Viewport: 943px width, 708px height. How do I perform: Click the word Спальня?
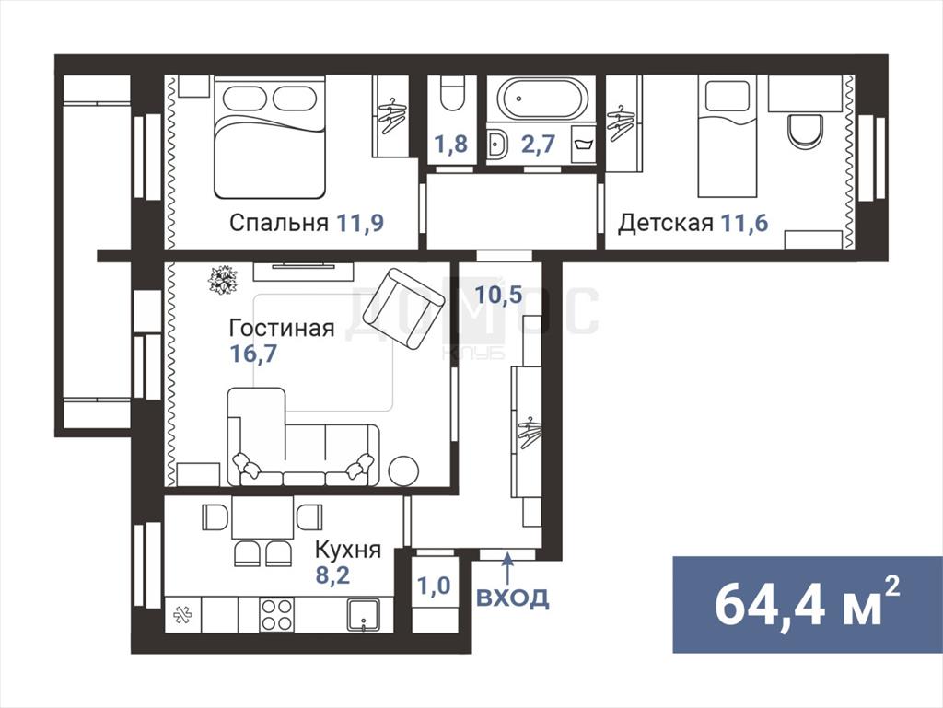coord(279,223)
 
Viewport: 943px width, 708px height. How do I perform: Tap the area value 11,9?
coord(360,223)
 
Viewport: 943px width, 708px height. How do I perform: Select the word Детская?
coord(666,223)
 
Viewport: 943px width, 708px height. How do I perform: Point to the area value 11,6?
coord(744,223)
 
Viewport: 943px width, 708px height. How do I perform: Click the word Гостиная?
coord(282,328)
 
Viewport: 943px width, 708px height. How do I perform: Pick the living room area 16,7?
coord(254,354)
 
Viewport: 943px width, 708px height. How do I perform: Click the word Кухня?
coord(348,550)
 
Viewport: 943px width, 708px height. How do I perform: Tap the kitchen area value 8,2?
coord(333,575)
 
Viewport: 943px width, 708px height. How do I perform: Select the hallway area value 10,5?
coord(498,295)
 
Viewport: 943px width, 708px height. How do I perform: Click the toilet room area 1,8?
coord(451,145)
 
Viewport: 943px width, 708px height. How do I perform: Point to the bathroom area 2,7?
coord(538,145)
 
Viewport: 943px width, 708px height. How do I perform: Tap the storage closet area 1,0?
coord(435,585)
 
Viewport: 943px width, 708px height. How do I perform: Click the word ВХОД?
coord(513,598)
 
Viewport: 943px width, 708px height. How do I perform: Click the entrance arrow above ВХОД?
coord(508,569)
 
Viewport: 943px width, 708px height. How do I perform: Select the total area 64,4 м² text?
coord(807,604)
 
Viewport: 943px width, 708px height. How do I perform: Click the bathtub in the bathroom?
coord(541,98)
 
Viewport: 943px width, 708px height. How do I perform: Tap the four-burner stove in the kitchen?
coord(276,614)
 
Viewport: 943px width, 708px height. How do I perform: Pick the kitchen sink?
coord(364,614)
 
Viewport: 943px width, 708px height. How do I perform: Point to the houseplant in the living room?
coord(223,280)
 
